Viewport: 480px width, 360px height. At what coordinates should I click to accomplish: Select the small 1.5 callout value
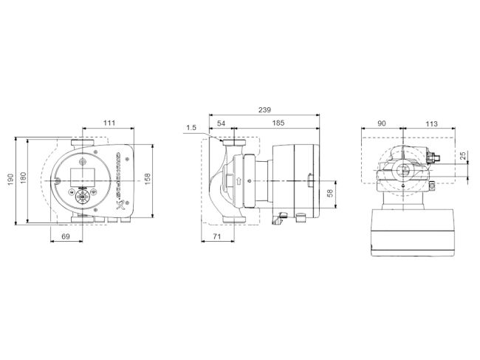point(191,128)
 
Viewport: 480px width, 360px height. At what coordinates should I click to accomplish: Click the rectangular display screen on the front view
point(80,177)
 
